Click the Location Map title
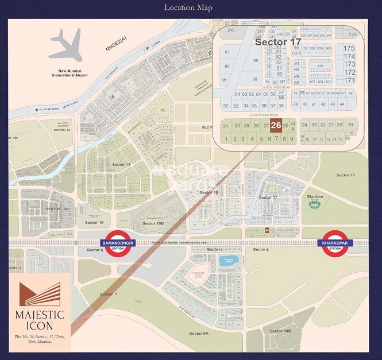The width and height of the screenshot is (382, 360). coord(188,7)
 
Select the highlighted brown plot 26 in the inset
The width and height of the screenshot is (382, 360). coord(276,125)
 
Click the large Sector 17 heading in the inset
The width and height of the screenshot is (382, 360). coord(277,42)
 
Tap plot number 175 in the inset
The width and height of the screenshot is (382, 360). coord(349,49)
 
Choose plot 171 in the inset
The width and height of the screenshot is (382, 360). coord(349,80)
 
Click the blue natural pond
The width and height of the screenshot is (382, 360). coord(229,262)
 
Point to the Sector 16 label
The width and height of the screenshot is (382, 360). coord(346,175)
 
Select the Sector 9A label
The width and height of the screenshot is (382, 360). coord(199,334)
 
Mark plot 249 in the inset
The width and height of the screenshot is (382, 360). coord(231,29)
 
